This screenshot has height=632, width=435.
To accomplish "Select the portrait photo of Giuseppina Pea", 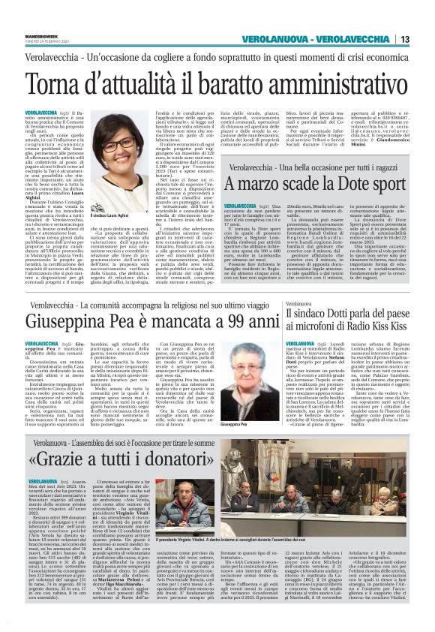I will (x=262, y=386).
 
